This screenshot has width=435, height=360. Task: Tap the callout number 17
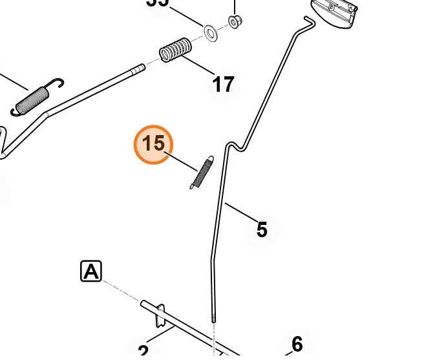223,84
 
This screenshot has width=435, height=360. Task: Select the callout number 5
261,229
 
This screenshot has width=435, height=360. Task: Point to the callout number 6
297,343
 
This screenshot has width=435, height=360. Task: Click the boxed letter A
91,271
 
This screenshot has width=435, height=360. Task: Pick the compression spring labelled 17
175,50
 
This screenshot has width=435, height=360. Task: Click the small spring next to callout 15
201,173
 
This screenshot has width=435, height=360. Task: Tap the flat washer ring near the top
211,31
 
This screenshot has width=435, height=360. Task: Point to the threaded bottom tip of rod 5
212,317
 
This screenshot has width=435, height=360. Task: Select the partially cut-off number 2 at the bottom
143,352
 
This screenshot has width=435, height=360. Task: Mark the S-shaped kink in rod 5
236,146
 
